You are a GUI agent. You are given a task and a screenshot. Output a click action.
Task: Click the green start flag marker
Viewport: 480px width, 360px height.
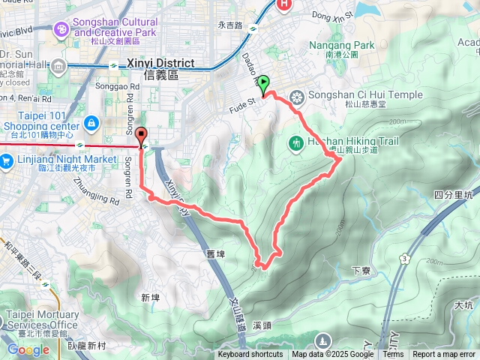click(x=265, y=87)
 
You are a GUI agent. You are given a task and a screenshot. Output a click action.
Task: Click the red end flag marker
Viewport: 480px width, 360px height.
click(x=142, y=137)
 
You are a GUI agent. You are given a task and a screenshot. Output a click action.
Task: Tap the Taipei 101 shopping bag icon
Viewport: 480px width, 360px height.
click(x=91, y=121)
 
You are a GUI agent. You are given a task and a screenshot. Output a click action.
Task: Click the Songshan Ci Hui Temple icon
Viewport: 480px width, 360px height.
click(x=298, y=96)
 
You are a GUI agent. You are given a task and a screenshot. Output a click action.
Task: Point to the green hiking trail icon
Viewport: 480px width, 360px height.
click(x=296, y=142)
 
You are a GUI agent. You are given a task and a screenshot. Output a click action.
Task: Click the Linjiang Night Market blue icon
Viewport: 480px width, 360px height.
click(x=7, y=160)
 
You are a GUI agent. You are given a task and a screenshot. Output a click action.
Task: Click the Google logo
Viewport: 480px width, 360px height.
click(x=28, y=349)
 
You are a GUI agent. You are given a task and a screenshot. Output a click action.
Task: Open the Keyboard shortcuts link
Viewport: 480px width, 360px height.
click(x=250, y=355)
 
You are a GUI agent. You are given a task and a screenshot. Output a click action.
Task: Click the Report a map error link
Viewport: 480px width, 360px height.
click(x=444, y=355)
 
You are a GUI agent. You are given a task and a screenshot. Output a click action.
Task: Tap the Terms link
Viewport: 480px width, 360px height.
click(x=393, y=355)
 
